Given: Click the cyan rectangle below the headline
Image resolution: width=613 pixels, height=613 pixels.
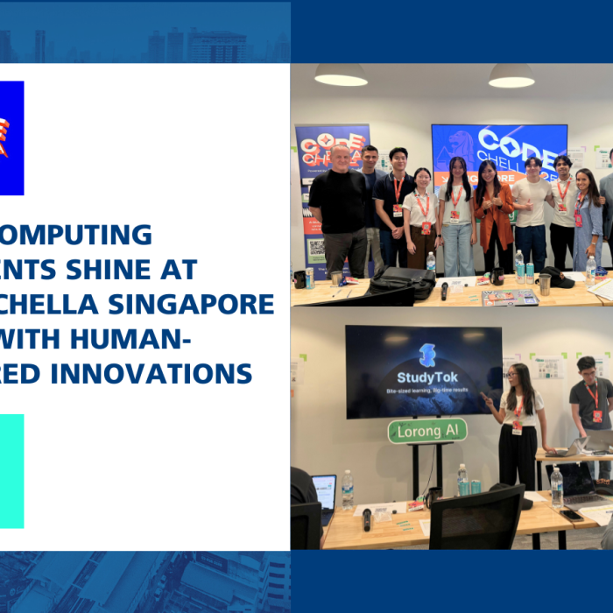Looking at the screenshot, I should pyautogui.click(x=11, y=471).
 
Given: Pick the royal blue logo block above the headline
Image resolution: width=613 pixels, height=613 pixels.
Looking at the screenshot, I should pyautogui.click(x=11, y=137).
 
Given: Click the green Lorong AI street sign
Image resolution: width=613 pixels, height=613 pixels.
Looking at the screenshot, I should pyautogui.click(x=427, y=430).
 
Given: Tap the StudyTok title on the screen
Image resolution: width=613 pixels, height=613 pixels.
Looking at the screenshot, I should pyautogui.click(x=426, y=377).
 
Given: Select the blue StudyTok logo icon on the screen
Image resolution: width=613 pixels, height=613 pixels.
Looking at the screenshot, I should pyautogui.click(x=426, y=355).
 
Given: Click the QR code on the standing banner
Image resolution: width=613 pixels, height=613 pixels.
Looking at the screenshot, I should pyautogui.click(x=317, y=248).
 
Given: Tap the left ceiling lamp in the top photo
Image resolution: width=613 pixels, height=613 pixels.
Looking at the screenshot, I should pyautogui.click(x=340, y=77).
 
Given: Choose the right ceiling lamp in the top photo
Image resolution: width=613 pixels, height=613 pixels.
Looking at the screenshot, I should pyautogui.click(x=511, y=77).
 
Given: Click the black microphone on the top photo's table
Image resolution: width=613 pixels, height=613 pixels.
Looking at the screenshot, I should pyautogui.click(x=445, y=290).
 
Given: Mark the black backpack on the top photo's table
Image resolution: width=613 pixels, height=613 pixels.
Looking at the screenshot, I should pyautogui.click(x=400, y=282).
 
